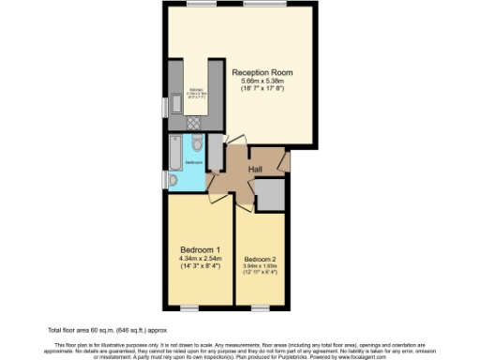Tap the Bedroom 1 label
point(201,249)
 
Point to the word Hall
point(254,169)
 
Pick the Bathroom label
point(193,162)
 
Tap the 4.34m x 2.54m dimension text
point(201,259)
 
